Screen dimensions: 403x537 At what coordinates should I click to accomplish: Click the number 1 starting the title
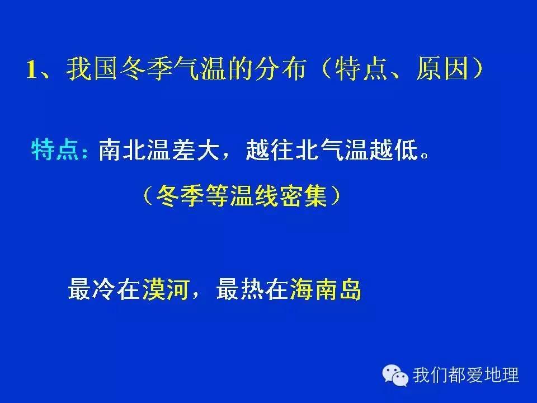point(32,71)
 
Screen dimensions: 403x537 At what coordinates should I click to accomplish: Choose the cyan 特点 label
point(56,150)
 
